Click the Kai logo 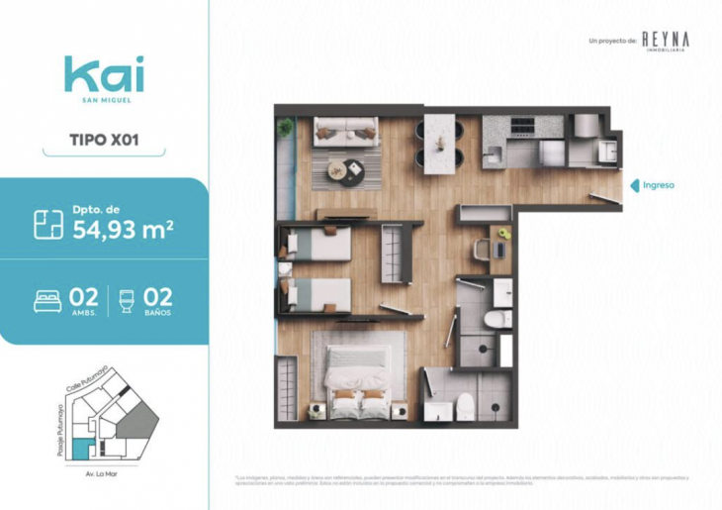[104, 74]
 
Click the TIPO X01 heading [104, 139]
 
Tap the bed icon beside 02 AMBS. [47, 300]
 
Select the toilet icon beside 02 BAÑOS [125, 300]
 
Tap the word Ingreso [659, 184]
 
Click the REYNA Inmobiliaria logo [665, 41]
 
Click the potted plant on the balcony [286, 127]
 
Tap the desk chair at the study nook [483, 249]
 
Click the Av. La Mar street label [102, 474]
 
